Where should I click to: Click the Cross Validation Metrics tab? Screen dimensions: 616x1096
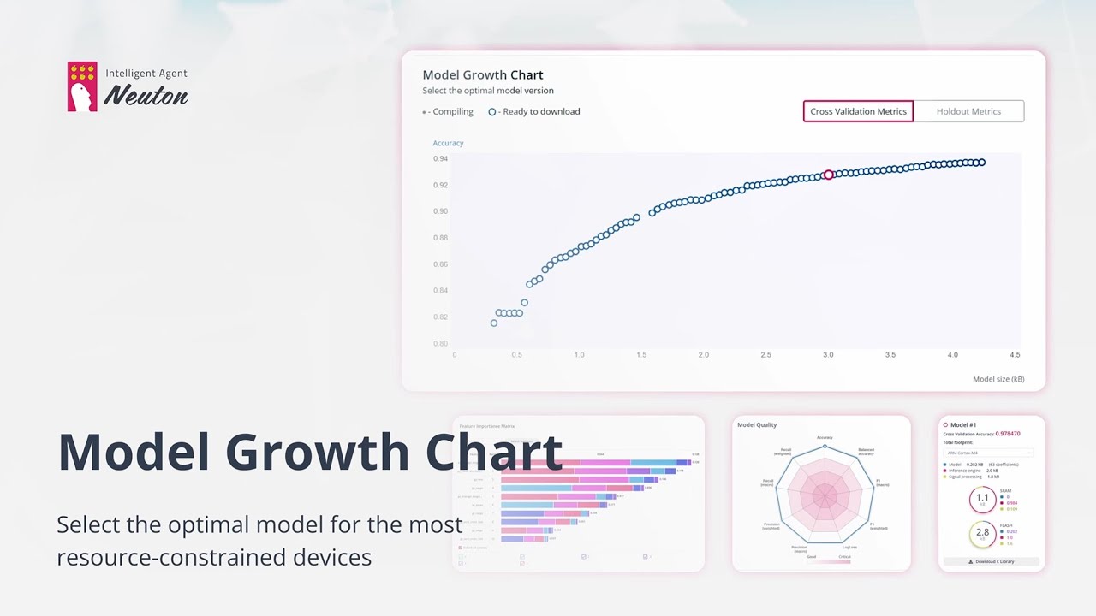(x=858, y=111)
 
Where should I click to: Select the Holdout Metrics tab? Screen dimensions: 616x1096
(x=968, y=111)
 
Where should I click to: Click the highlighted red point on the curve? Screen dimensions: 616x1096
(x=828, y=175)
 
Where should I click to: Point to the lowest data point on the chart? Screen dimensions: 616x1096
(x=494, y=323)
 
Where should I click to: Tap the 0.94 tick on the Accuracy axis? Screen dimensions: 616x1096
(x=440, y=158)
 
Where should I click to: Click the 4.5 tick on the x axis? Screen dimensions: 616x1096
(x=1015, y=354)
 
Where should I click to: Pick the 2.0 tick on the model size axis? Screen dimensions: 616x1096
(x=703, y=354)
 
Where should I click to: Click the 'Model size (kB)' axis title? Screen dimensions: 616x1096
(x=998, y=379)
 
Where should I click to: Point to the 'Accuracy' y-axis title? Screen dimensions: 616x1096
(x=448, y=143)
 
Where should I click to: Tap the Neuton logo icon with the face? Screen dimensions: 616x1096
(x=82, y=86)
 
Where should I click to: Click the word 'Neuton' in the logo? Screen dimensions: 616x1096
(x=146, y=95)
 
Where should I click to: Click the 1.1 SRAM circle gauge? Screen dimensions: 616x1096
(x=982, y=499)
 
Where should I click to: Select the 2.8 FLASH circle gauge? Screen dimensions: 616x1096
(x=982, y=534)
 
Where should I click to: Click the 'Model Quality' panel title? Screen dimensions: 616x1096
(x=757, y=424)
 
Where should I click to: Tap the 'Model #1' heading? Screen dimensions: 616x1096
(x=963, y=424)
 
